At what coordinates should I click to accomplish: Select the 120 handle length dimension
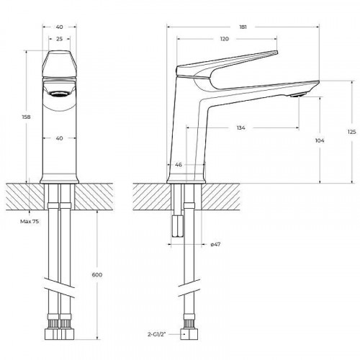225,39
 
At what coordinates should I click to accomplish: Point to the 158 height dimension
27,117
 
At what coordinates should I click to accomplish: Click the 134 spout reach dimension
240,127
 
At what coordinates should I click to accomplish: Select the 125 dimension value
351,131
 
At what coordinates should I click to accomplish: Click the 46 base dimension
178,165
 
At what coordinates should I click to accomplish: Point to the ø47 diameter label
215,244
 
